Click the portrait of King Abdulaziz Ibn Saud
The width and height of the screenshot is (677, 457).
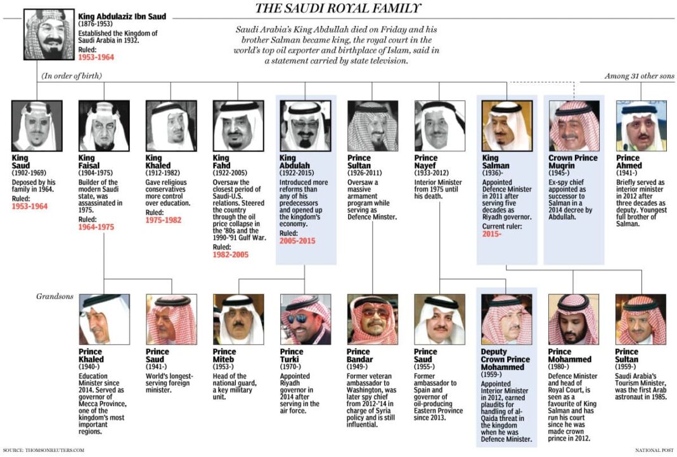[x=49, y=35]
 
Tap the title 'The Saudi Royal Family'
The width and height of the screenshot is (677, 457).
[x=337, y=8]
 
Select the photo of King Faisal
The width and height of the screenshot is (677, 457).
[x=104, y=126]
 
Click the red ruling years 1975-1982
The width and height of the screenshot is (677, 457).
[x=164, y=220]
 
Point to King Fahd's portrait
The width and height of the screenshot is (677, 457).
[x=238, y=126]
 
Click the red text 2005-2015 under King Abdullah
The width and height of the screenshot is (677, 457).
[x=297, y=241]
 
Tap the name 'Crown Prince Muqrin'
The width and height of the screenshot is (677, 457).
[x=573, y=162]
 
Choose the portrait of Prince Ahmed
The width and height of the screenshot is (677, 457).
[x=641, y=126]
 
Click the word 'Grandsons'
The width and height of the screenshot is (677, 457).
[x=55, y=296]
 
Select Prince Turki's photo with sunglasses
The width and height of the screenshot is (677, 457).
[x=306, y=319]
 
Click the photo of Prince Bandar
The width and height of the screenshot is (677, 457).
[x=373, y=319]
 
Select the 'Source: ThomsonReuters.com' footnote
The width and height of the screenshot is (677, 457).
[x=43, y=450]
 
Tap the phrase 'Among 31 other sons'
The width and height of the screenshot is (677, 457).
[x=639, y=76]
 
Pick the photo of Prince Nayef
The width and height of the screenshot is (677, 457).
[x=439, y=126]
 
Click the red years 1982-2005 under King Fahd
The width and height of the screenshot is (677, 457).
[x=231, y=255]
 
